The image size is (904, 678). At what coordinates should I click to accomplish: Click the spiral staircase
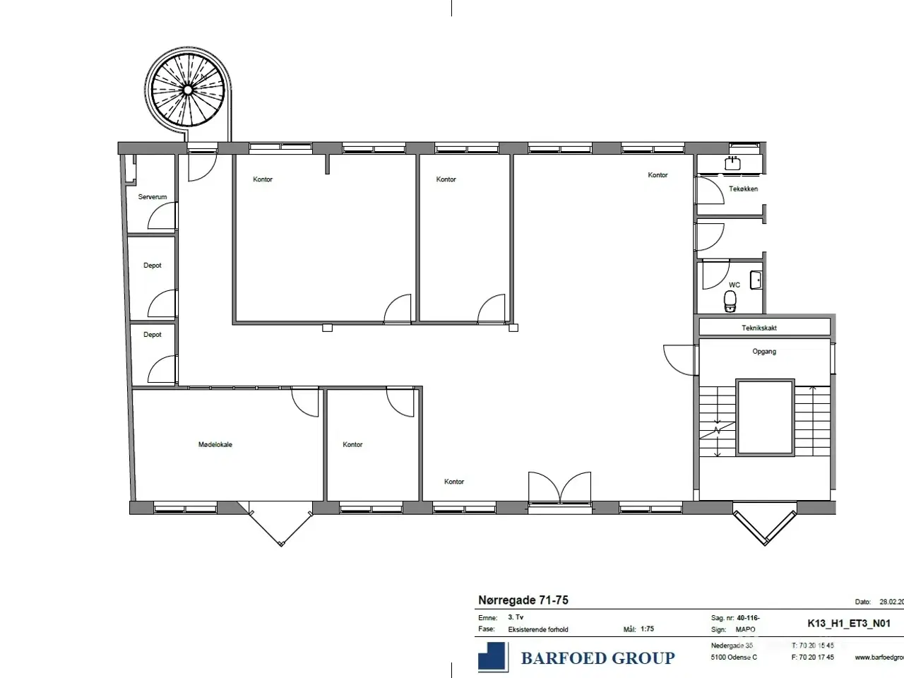pyautogui.click(x=188, y=90)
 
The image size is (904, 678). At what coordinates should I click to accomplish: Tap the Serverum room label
pyautogui.click(x=153, y=197)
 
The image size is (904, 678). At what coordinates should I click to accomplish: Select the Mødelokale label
pyautogui.click(x=215, y=445)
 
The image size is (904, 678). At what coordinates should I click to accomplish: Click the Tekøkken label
pyautogui.click(x=743, y=189)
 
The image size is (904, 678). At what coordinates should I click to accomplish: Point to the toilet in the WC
pyautogui.click(x=730, y=302)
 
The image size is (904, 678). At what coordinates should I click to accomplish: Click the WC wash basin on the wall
pyautogui.click(x=756, y=279)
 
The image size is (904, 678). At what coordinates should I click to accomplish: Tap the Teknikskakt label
pyautogui.click(x=759, y=328)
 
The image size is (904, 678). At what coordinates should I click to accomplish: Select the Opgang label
pyautogui.click(x=764, y=352)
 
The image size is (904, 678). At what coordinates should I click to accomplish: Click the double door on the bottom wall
pyautogui.click(x=560, y=489)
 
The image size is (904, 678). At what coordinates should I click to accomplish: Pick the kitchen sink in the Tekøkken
pyautogui.click(x=732, y=164)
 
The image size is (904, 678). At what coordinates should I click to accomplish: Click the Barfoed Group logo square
pyautogui.click(x=493, y=656)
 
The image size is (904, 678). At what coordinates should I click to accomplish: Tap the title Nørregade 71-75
pyautogui.click(x=523, y=600)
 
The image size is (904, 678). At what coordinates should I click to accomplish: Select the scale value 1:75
pyautogui.click(x=647, y=629)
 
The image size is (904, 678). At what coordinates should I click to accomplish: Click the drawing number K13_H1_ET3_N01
pyautogui.click(x=849, y=624)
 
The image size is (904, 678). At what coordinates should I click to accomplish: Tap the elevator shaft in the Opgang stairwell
pyautogui.click(x=765, y=417)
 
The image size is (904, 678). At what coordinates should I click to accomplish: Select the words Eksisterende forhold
pyautogui.click(x=538, y=629)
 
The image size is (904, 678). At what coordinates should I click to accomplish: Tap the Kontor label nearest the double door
pyautogui.click(x=454, y=482)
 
